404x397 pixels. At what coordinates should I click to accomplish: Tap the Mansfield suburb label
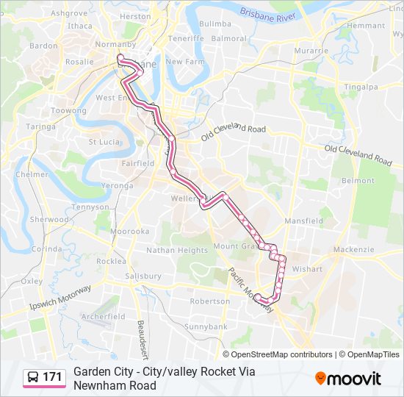[x=303, y=221]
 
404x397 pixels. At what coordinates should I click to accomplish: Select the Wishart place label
[x=306, y=269]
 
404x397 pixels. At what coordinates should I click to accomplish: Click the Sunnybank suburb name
[x=206, y=326]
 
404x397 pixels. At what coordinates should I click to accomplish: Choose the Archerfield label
[x=104, y=316]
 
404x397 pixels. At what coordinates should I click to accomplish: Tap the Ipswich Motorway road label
[x=60, y=296]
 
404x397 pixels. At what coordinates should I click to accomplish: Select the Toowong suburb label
[x=68, y=110]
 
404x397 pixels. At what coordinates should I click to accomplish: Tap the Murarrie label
[x=311, y=51]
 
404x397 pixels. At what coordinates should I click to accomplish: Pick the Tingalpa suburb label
[x=360, y=86]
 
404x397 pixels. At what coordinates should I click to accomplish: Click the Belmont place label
[x=358, y=180]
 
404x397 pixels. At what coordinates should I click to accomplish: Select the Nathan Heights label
[x=177, y=250]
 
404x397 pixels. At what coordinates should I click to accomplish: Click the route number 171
[x=52, y=377]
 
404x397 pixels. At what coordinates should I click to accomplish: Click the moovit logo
[x=348, y=378]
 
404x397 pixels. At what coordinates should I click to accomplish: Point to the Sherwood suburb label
[x=48, y=219]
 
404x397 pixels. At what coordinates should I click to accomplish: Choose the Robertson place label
[x=209, y=301]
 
